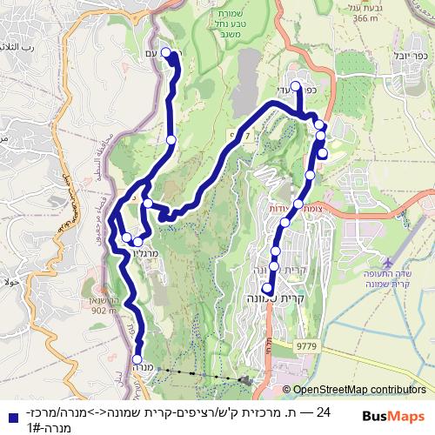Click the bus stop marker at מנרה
137,358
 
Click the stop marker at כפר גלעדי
297,86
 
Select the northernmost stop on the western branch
164,50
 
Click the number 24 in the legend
325,411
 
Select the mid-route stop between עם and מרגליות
171,140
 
